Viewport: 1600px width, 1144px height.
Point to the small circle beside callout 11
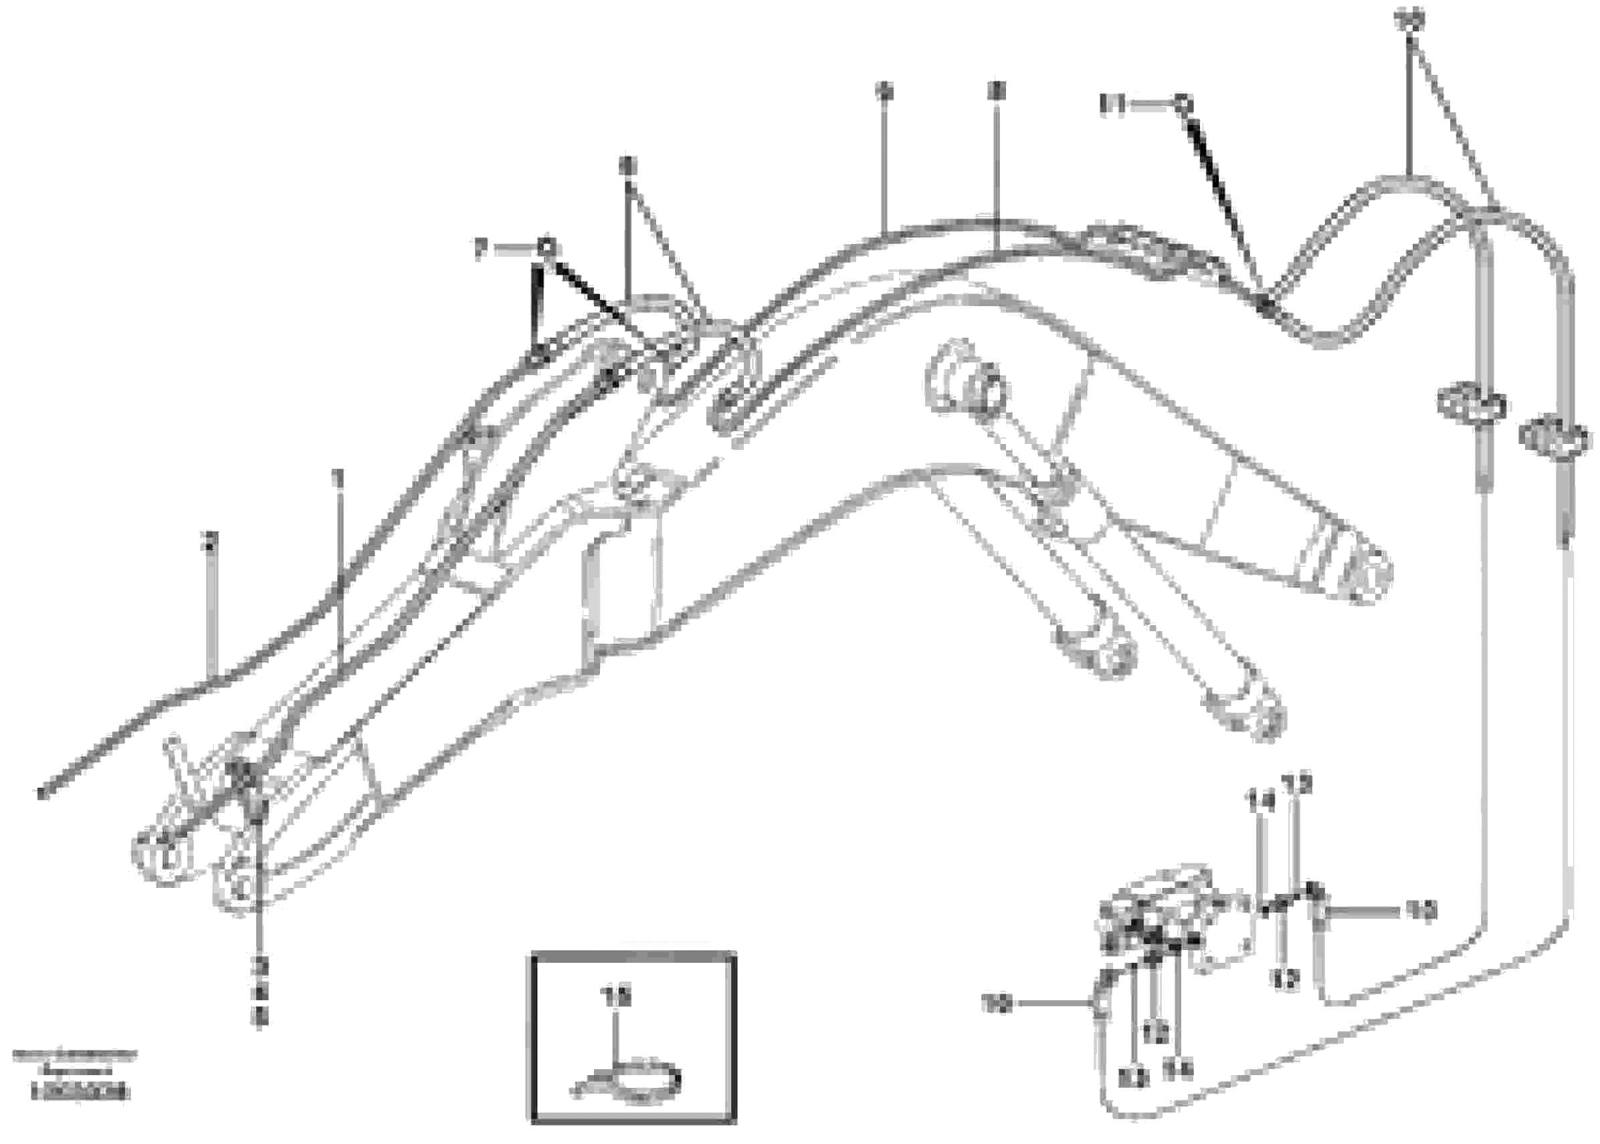click(1182, 105)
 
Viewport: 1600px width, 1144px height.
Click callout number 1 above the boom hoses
click(339, 479)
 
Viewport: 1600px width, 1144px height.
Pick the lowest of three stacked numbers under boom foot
click(260, 1020)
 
